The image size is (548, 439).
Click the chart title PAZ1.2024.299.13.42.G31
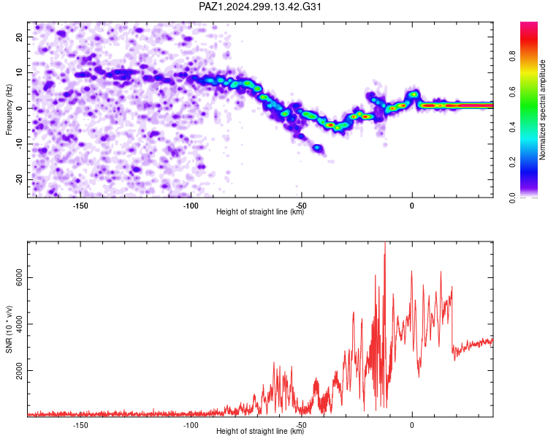(259, 7)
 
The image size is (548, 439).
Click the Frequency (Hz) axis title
(9, 110)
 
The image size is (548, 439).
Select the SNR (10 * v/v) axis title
(9, 329)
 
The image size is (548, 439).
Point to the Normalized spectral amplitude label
(542, 110)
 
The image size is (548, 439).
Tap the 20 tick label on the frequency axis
(20, 37)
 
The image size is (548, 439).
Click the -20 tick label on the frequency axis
(20, 179)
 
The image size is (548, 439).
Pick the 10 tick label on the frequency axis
(20, 73)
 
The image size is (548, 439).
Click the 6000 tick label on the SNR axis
(20, 277)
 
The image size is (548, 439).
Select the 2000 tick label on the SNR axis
(20, 370)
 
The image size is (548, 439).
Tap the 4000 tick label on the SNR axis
(20, 324)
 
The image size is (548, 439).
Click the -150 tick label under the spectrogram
(80, 206)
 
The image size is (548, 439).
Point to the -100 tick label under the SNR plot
(191, 425)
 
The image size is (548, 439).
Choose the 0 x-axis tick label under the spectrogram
(412, 206)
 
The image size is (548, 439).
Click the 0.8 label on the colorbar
(512, 56)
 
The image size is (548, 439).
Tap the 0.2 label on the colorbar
(512, 162)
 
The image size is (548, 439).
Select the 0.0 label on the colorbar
(512, 198)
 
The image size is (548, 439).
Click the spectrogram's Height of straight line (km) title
(260, 211)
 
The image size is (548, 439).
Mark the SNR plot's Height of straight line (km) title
(260, 431)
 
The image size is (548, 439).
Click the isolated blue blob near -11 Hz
(318, 148)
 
